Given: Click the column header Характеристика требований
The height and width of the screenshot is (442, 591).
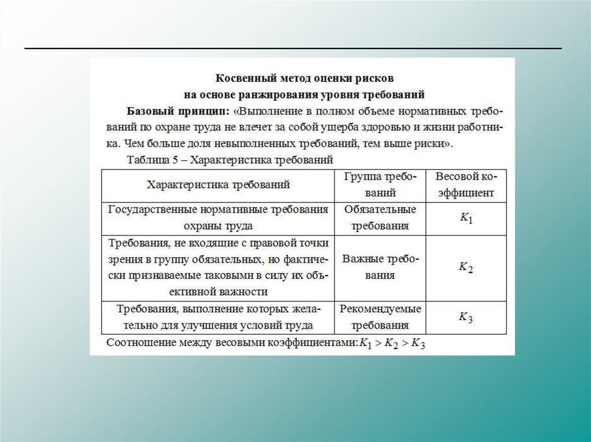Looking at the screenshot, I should tap(218, 185).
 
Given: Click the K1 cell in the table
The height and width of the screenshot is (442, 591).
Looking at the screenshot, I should tap(466, 218).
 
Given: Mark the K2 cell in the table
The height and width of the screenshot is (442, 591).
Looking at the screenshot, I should tap(466, 267).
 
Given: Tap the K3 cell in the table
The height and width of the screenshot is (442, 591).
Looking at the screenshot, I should tap(466, 317).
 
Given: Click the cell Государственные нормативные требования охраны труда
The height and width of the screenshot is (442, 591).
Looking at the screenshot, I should tap(218, 218).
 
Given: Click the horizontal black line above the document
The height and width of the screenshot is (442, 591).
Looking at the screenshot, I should tap(293, 48).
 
